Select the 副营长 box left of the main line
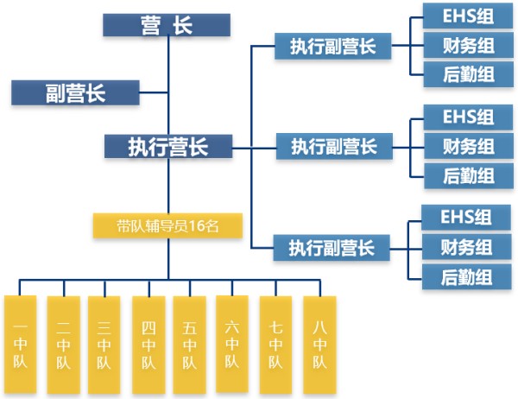75,92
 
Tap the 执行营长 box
168,146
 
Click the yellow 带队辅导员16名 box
168,226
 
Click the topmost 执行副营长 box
332,46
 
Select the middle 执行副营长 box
333,146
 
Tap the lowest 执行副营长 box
332,248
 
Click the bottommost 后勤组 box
466,277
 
